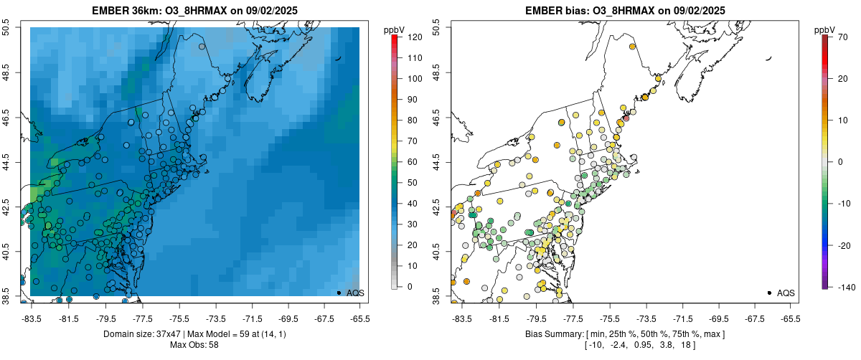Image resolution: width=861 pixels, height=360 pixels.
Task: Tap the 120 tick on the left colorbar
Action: click(414, 37)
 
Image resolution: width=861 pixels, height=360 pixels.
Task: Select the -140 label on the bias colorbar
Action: click(844, 287)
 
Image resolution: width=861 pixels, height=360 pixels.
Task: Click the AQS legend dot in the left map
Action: click(339, 293)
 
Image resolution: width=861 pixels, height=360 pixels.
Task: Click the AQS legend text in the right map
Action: click(786, 293)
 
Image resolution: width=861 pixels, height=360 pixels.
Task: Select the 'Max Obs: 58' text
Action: click(194, 345)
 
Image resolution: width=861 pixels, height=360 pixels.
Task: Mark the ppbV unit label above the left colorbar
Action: click(395, 29)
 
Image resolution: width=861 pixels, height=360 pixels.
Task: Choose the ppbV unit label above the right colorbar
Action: click(826, 29)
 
